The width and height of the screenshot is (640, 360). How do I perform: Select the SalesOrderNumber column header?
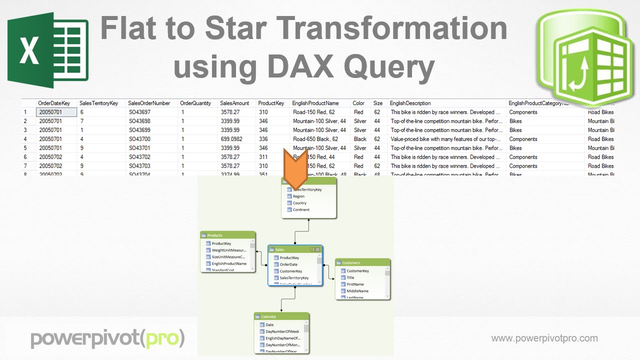click(x=149, y=103)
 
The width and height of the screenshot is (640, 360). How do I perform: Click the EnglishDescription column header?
click(x=410, y=103)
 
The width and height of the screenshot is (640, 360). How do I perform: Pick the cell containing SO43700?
click(x=139, y=139)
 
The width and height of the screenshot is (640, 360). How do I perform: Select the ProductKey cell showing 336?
click(x=263, y=139)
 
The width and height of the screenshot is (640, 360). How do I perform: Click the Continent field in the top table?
click(x=301, y=210)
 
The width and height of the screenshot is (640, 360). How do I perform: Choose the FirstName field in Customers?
click(x=355, y=284)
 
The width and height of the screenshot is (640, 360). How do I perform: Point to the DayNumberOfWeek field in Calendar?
click(x=282, y=331)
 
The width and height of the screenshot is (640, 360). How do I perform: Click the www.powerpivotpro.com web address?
click(x=544, y=338)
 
